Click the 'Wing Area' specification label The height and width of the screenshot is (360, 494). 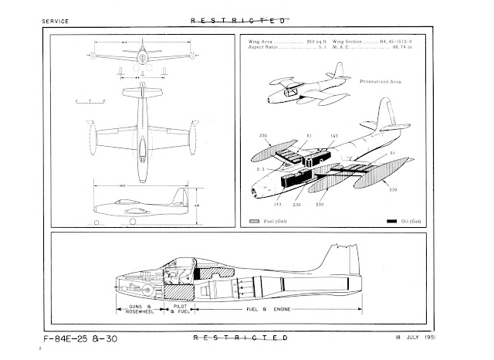point(264,39)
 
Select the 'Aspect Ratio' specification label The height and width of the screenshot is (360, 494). point(267,46)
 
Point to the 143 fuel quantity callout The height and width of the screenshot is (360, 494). point(277,205)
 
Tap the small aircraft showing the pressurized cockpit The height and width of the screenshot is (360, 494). point(304,93)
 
